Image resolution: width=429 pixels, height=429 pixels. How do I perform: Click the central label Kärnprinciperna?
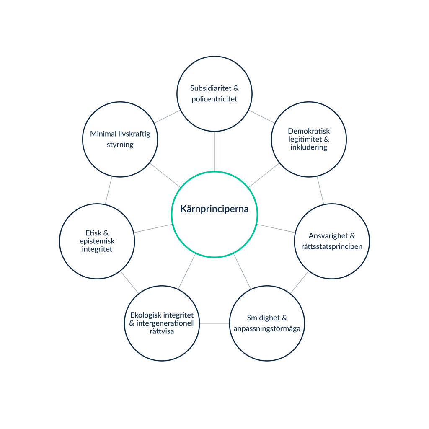click(x=214, y=209)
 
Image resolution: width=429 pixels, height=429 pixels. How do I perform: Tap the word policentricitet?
click(x=214, y=99)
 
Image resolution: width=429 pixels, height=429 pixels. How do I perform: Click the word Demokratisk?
click(x=309, y=132)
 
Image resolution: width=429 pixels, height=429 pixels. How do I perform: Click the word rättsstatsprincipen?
click(x=332, y=246)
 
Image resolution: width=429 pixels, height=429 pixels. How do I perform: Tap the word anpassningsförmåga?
click(x=267, y=329)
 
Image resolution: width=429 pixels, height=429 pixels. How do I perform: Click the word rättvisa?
click(x=161, y=331)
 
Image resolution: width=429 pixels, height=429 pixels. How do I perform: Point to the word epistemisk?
click(x=97, y=241)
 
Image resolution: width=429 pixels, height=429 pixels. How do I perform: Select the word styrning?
click(x=120, y=145)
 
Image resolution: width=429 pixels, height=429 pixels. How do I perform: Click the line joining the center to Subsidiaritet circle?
click(x=214, y=151)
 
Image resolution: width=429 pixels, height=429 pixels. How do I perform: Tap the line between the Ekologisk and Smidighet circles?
click(x=214, y=323)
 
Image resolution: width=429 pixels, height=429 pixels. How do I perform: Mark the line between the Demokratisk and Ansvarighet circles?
click(x=320, y=190)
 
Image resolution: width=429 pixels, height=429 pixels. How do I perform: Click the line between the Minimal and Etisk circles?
click(x=109, y=190)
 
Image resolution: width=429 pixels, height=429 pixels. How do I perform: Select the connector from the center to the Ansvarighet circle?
click(x=277, y=229)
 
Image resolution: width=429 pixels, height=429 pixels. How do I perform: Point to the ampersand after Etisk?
click(x=106, y=233)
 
